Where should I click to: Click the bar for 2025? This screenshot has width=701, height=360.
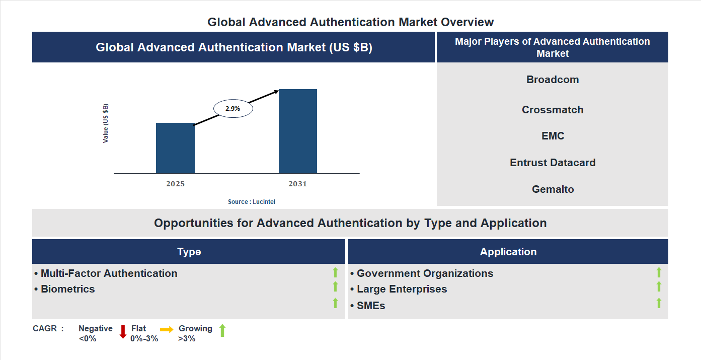click(175, 148)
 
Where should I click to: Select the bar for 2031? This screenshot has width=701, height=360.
click(298, 131)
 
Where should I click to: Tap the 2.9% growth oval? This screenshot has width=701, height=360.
click(233, 108)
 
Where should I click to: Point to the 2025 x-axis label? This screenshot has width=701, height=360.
click(176, 184)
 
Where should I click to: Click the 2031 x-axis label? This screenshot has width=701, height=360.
click(297, 184)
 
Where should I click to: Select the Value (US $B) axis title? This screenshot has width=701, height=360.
click(106, 123)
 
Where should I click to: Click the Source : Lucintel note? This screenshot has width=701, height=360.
click(252, 201)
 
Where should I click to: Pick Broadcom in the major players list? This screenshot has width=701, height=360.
click(553, 80)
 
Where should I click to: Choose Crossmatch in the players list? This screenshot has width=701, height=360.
click(553, 110)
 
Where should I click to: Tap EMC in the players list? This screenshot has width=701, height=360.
click(553, 136)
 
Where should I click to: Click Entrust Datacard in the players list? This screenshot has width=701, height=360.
click(553, 163)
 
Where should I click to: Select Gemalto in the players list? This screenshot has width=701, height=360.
click(553, 189)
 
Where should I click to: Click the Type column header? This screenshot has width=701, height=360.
click(189, 252)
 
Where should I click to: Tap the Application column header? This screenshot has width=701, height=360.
click(508, 252)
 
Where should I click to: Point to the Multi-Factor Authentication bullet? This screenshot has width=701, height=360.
click(109, 273)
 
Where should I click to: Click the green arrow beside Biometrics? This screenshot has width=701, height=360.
click(335, 287)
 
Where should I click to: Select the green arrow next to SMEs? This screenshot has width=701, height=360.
click(659, 303)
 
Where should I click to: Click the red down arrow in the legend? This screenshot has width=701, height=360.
click(123, 332)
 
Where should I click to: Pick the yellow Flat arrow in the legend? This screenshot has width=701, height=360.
click(167, 329)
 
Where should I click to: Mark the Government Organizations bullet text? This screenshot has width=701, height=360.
click(425, 273)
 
